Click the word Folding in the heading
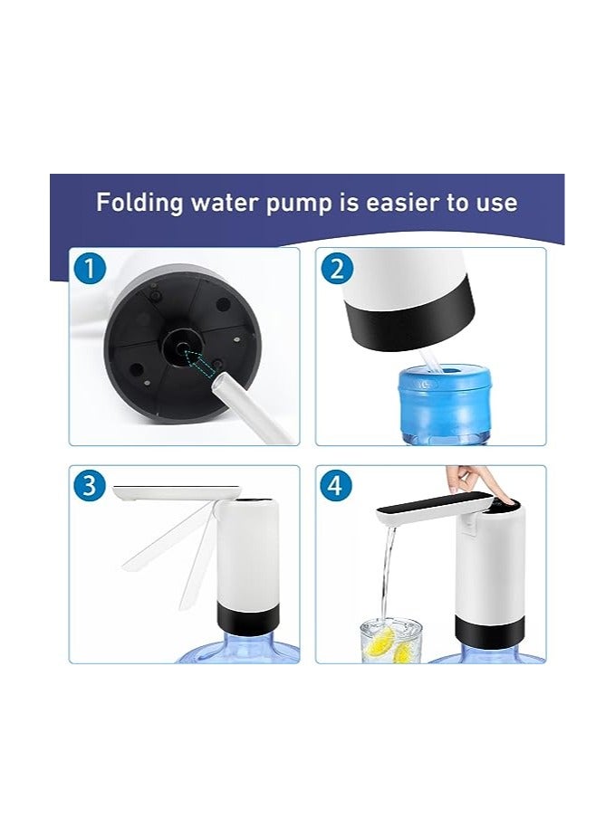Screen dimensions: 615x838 [139, 203]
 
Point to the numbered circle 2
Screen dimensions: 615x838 [338, 270]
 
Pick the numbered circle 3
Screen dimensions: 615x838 [90, 486]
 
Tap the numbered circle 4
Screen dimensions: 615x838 [335, 486]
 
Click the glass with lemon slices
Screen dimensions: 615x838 [391, 641]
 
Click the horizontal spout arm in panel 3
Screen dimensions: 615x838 [178, 491]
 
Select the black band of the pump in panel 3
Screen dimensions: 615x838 [248, 619]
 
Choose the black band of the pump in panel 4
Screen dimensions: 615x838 [489, 632]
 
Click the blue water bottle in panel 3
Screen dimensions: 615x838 [238, 647]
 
